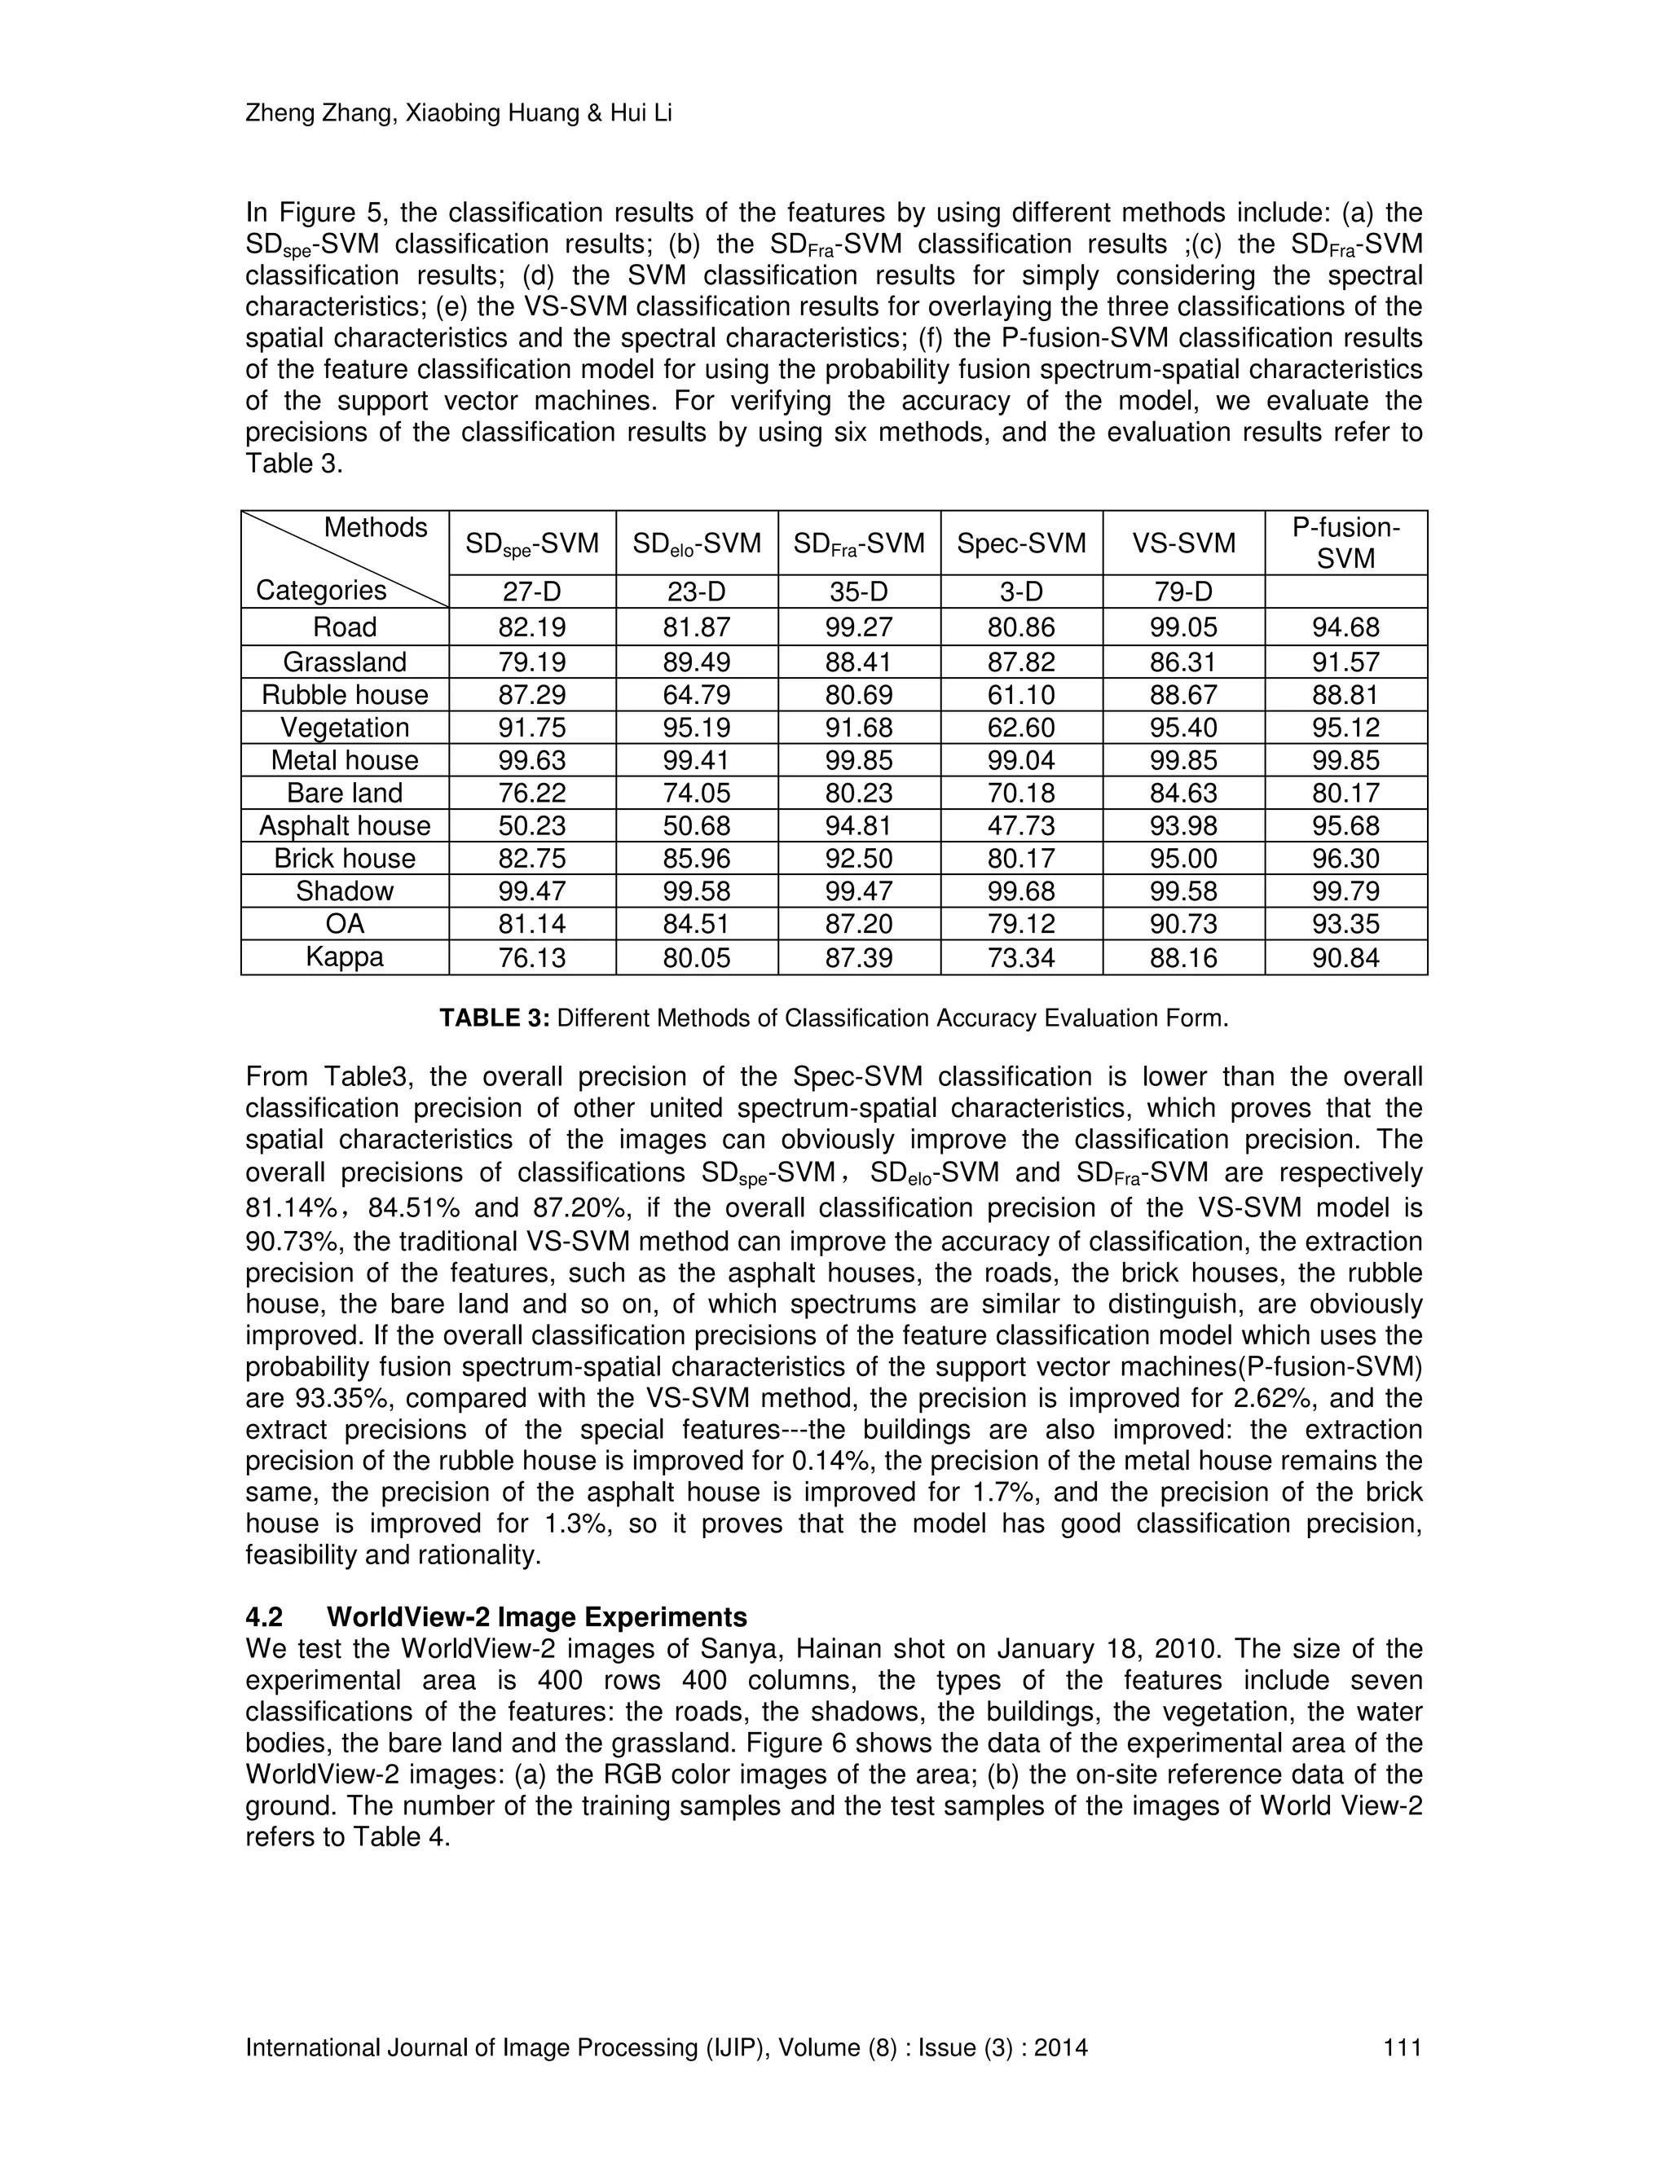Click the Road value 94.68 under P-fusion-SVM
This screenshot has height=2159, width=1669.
(1345, 627)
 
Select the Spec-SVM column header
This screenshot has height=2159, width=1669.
(1020, 543)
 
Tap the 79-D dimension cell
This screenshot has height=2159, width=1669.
(1182, 591)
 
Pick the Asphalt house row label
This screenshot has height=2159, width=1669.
(344, 825)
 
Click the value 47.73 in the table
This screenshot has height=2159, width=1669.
(1020, 825)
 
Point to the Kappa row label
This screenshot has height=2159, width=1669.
(344, 957)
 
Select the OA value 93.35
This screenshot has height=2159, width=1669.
(1345, 925)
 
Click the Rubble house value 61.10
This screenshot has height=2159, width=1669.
(1020, 695)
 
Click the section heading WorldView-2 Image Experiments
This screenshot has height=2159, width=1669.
(536, 1616)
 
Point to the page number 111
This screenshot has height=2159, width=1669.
(1402, 2047)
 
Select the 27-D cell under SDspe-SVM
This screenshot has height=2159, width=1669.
(532, 591)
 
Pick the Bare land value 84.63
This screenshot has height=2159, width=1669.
(1182, 793)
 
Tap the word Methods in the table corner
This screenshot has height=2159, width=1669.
(375, 528)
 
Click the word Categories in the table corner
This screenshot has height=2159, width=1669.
(321, 590)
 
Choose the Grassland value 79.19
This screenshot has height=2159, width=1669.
(532, 662)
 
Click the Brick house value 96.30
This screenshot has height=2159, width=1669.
(1345, 858)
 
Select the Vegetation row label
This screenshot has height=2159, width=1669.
(344, 728)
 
